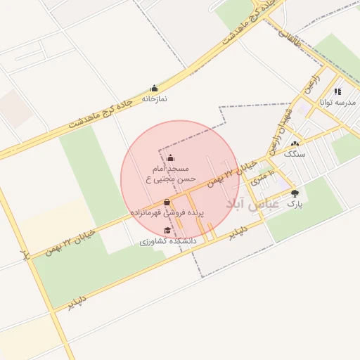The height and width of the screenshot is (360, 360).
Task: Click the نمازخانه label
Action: click(x=154, y=99)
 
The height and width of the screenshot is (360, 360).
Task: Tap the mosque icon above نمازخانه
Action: click(x=154, y=89)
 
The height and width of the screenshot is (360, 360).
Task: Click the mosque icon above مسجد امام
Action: click(x=172, y=158)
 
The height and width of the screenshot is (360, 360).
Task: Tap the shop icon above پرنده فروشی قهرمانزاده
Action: click(x=167, y=202)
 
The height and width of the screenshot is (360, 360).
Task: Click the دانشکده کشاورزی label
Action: click(x=167, y=241)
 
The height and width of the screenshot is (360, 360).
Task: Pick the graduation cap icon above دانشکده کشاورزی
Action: click(x=167, y=231)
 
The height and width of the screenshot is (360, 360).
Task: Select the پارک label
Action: click(x=294, y=204)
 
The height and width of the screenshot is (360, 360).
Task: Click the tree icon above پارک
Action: click(x=294, y=193)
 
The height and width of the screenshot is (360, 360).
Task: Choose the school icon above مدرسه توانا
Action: click(x=338, y=91)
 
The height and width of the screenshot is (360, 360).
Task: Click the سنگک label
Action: click(x=295, y=153)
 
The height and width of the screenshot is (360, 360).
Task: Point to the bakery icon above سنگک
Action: click(x=295, y=143)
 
